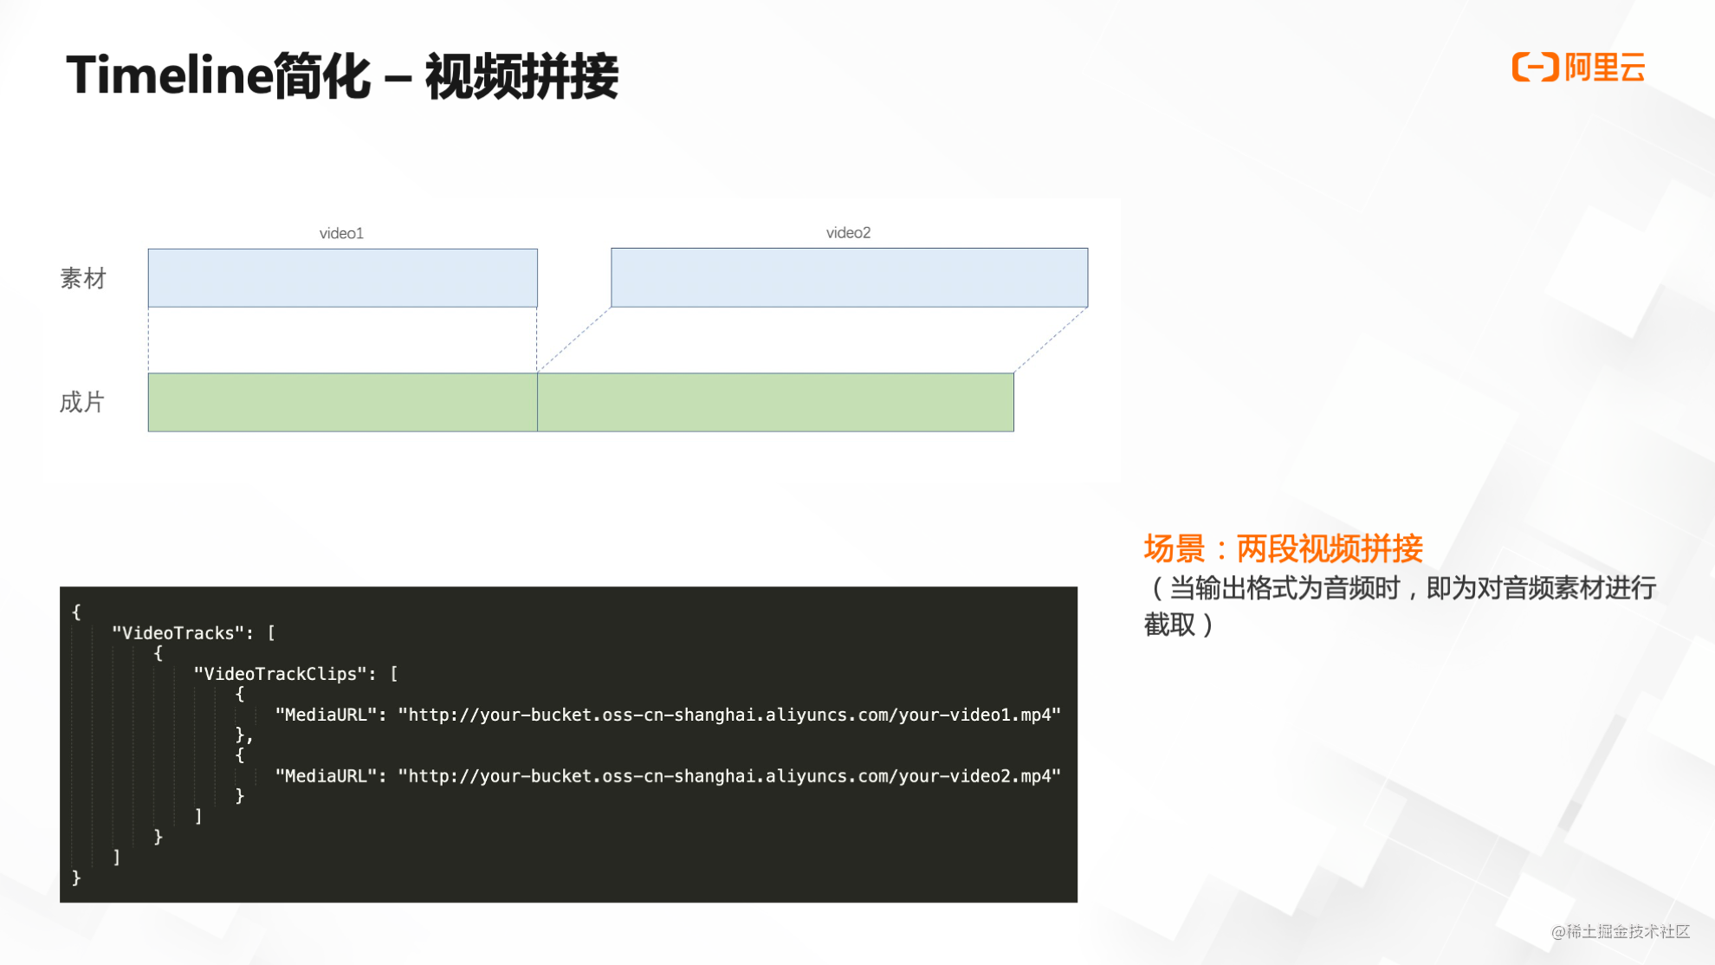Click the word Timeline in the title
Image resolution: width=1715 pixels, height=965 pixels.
169,75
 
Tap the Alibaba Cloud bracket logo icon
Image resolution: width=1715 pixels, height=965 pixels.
1535,67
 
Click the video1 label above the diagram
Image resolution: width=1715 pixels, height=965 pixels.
341,233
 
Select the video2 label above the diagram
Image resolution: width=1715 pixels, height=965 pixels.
848,232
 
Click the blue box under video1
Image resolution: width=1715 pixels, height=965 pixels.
342,278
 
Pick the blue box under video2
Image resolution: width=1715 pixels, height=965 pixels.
849,277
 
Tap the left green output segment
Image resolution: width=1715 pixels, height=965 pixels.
342,402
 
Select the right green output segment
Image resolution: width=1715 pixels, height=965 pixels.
775,402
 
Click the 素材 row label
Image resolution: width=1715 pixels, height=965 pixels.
82,278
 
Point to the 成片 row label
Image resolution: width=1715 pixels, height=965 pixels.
82,402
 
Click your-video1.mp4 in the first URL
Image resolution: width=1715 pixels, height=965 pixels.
979,715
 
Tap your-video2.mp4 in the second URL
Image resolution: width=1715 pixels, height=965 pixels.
979,776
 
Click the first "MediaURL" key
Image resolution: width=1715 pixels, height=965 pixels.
326,715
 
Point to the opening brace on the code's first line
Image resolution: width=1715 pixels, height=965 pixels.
76,612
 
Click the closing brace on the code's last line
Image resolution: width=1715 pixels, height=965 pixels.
76,878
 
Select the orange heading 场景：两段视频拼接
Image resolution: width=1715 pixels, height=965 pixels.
1283,548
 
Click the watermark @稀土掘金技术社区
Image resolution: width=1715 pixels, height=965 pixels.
1620,931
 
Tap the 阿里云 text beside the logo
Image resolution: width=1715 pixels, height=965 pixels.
1605,68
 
